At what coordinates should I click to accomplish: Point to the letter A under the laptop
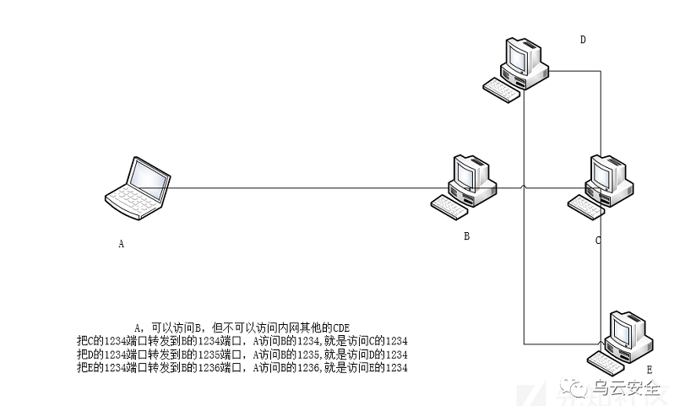click(x=122, y=244)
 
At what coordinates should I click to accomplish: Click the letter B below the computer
click(x=466, y=236)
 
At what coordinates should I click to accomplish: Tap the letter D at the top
click(x=583, y=40)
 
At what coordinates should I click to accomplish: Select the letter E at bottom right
click(x=650, y=371)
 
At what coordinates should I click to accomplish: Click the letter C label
click(x=598, y=240)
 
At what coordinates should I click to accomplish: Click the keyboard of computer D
click(x=501, y=90)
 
